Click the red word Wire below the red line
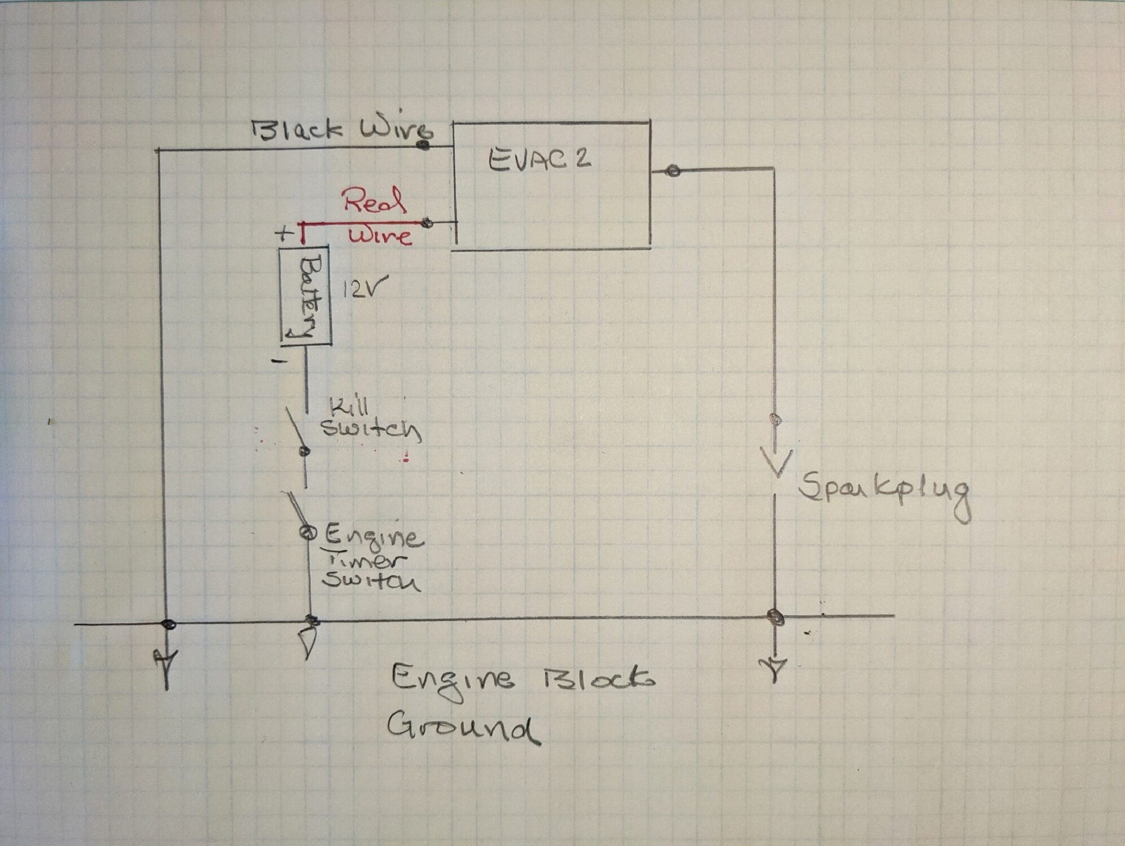pyautogui.click(x=380, y=235)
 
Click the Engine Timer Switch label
pyautogui.click(x=372, y=559)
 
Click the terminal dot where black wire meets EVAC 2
pyautogui.click(x=423, y=146)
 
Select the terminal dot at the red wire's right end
pyautogui.click(x=428, y=224)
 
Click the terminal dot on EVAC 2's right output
pyautogui.click(x=672, y=170)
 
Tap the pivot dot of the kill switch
pyautogui.click(x=305, y=451)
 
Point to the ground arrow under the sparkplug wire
pyautogui.click(x=776, y=667)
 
